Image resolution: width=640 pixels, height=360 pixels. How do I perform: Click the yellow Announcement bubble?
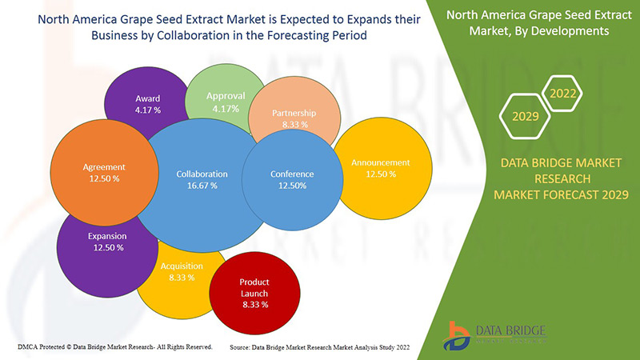380,168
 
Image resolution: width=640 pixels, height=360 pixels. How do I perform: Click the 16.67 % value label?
202,186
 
